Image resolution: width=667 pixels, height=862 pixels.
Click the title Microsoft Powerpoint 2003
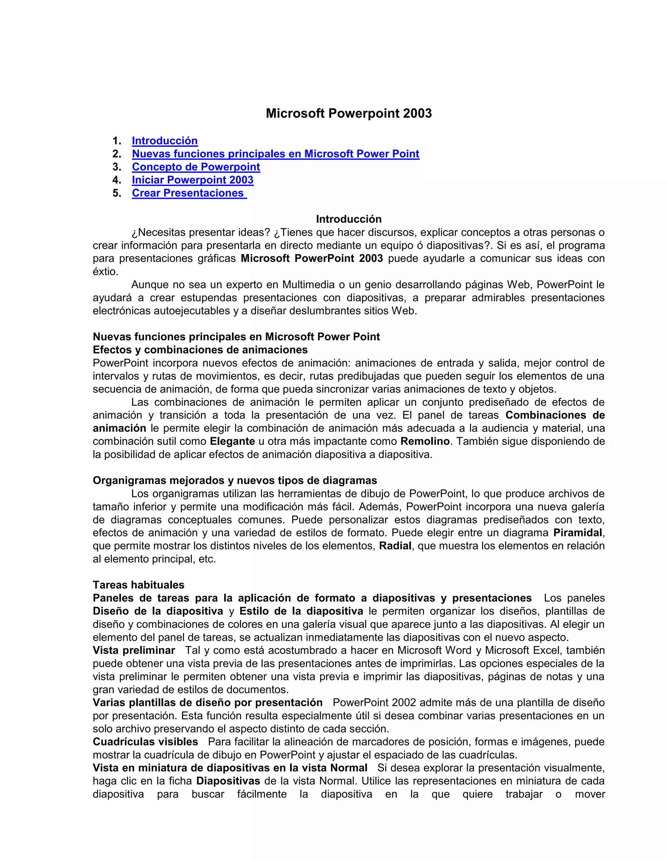point(348,114)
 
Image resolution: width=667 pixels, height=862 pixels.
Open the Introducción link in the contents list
point(165,141)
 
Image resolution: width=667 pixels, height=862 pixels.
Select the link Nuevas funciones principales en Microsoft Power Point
point(276,154)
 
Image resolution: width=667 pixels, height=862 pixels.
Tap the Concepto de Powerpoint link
point(196,167)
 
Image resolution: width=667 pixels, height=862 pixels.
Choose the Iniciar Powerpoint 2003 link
point(192,180)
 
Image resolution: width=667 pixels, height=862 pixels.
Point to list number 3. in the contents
point(117,167)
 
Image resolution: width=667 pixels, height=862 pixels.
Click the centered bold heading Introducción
point(348,219)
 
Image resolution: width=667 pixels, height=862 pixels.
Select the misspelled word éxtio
point(105,272)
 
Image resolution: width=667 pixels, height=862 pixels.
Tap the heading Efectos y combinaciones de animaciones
point(200,350)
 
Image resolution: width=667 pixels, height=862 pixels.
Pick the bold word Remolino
point(425,441)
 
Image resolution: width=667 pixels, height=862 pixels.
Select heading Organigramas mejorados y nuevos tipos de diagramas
point(235,480)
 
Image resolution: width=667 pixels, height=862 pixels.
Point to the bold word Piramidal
point(578,533)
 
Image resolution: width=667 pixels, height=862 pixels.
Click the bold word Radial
point(395,546)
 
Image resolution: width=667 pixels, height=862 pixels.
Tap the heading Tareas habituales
point(138,585)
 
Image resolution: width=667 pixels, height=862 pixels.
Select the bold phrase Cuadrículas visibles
point(145,742)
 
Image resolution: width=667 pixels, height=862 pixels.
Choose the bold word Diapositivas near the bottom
point(228,781)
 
